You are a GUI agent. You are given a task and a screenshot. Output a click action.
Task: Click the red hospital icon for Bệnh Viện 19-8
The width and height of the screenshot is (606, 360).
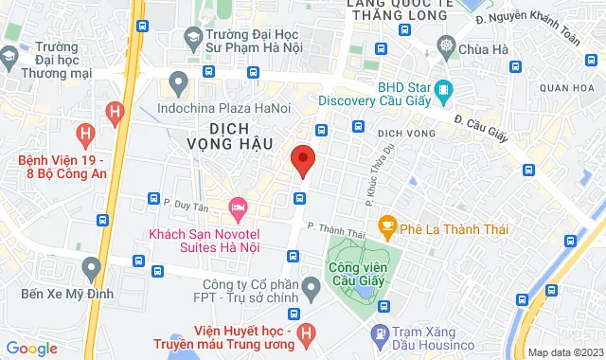88,135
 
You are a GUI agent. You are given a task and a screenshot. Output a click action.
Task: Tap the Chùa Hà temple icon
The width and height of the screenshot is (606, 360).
446,45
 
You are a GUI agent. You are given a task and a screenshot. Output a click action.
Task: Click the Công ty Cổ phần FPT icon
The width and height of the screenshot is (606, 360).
311,285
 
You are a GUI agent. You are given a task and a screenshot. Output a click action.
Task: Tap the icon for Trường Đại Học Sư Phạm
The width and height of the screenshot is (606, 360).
194,36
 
